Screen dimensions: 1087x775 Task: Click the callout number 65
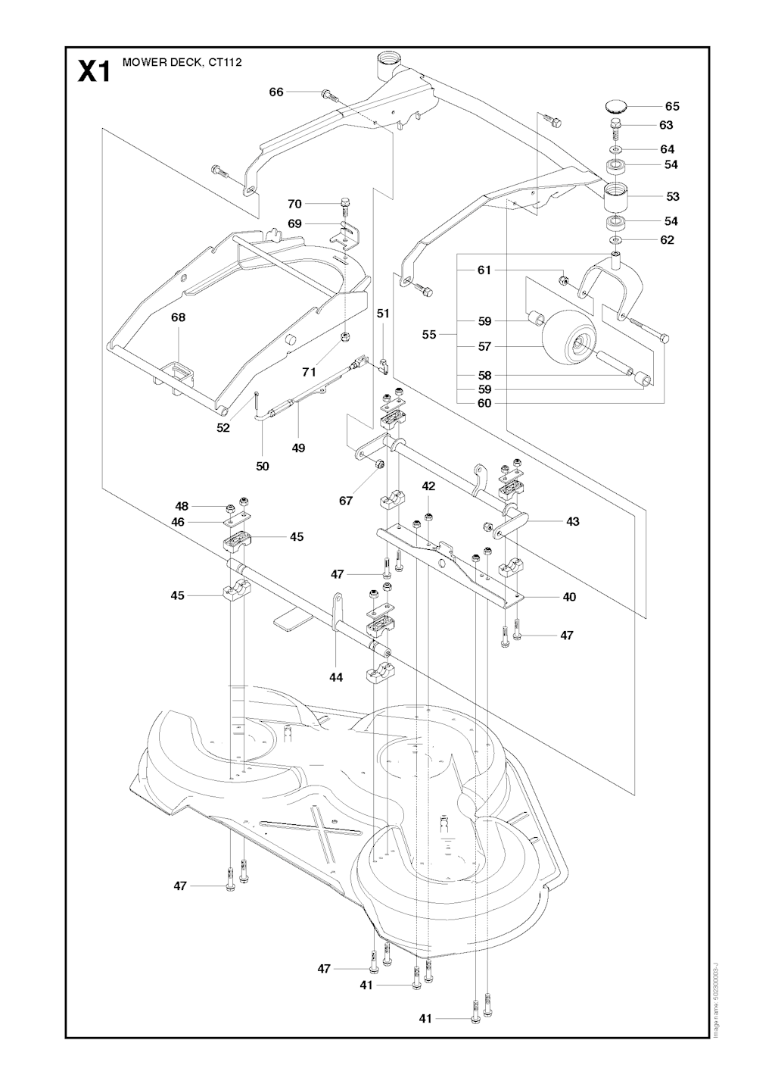tap(672, 107)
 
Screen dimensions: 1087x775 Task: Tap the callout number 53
tap(673, 197)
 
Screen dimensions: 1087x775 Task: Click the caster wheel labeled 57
tap(568, 339)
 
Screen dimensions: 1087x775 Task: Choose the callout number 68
tap(178, 317)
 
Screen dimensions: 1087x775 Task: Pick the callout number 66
tap(276, 92)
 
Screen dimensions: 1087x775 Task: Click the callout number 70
tap(294, 204)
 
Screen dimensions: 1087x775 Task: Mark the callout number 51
tap(383, 313)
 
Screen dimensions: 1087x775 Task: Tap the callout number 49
tap(298, 448)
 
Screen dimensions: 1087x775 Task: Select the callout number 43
tap(572, 521)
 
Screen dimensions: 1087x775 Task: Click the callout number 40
tap(569, 597)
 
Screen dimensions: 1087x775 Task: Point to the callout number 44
tap(336, 677)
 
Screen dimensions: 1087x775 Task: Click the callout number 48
tap(182, 506)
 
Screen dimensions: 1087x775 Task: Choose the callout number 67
tap(346, 501)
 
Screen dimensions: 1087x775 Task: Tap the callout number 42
tap(428, 486)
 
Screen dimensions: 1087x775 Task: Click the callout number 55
tap(429, 334)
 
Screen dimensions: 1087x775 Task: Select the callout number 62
tap(667, 240)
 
